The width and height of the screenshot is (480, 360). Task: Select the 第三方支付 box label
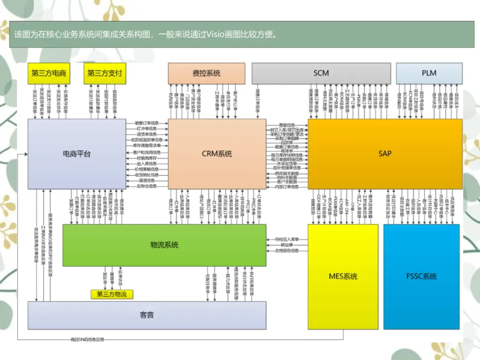pos(104,73)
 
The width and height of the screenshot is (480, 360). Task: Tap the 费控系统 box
pos(206,73)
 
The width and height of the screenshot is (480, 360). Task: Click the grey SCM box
pos(321,73)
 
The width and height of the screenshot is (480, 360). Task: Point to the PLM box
pos(429,73)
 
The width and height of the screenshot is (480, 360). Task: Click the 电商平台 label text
pos(76,154)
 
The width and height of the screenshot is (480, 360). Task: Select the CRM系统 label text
pos(217,154)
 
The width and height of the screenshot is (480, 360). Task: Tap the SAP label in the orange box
pos(385,153)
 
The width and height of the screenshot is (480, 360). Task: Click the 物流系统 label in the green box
pos(164,245)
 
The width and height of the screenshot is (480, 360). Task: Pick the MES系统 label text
pos(343,276)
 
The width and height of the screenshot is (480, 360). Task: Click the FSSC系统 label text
pos(421,276)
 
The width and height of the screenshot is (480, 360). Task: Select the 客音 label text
pos(147,315)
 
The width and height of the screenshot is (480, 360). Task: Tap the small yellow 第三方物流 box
pos(112,294)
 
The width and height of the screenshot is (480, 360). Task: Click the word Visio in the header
pos(216,34)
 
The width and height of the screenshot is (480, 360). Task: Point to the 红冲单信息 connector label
pos(147,128)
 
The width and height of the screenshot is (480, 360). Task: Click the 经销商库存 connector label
pos(147,158)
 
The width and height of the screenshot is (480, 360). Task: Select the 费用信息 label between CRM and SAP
pos(287,125)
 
